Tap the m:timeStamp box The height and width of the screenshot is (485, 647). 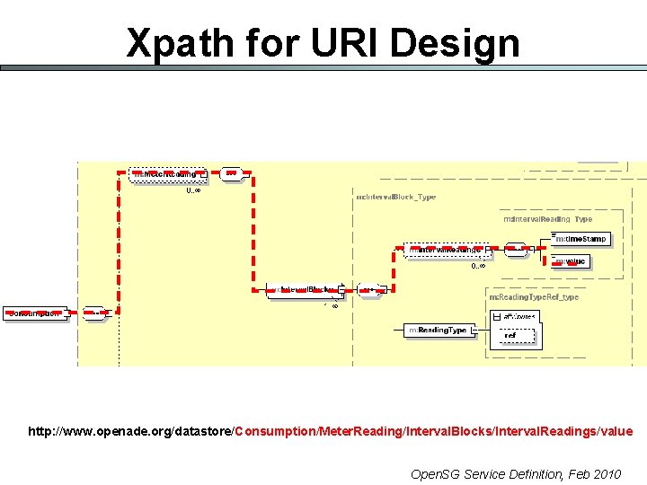[x=581, y=239]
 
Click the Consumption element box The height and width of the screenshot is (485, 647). [x=35, y=313]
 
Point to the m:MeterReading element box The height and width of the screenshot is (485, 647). [x=167, y=174]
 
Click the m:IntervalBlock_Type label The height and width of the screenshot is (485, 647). [x=396, y=197]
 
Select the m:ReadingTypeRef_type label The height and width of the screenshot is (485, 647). [x=533, y=296]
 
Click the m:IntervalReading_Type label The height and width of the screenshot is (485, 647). [x=547, y=219]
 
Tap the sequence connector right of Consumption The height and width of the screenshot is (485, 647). [x=93, y=313]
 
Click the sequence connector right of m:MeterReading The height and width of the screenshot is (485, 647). [x=231, y=173]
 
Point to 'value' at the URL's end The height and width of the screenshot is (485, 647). [x=616, y=432]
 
